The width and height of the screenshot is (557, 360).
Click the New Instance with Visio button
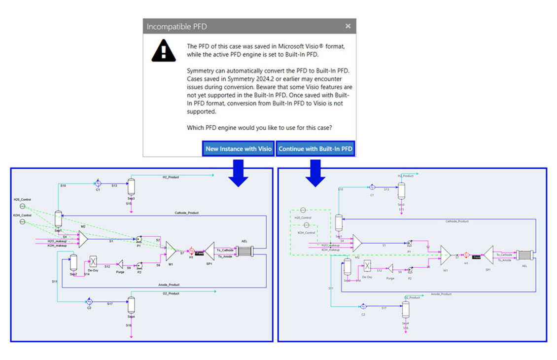[x=238, y=149]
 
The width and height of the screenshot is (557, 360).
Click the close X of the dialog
[x=348, y=26]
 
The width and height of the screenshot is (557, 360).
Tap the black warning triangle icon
[x=163, y=50]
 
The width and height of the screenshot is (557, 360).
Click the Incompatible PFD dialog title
[x=176, y=27]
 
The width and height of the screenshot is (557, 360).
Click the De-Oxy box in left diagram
[x=93, y=262]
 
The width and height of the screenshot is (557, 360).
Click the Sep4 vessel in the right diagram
[x=405, y=310]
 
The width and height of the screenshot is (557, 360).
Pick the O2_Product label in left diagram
[x=171, y=293]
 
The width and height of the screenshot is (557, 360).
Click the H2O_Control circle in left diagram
[x=22, y=206]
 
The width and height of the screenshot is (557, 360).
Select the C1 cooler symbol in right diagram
[x=373, y=187]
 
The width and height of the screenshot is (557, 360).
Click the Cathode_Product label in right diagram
[x=457, y=221]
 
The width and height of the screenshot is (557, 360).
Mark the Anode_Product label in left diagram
[x=169, y=285]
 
